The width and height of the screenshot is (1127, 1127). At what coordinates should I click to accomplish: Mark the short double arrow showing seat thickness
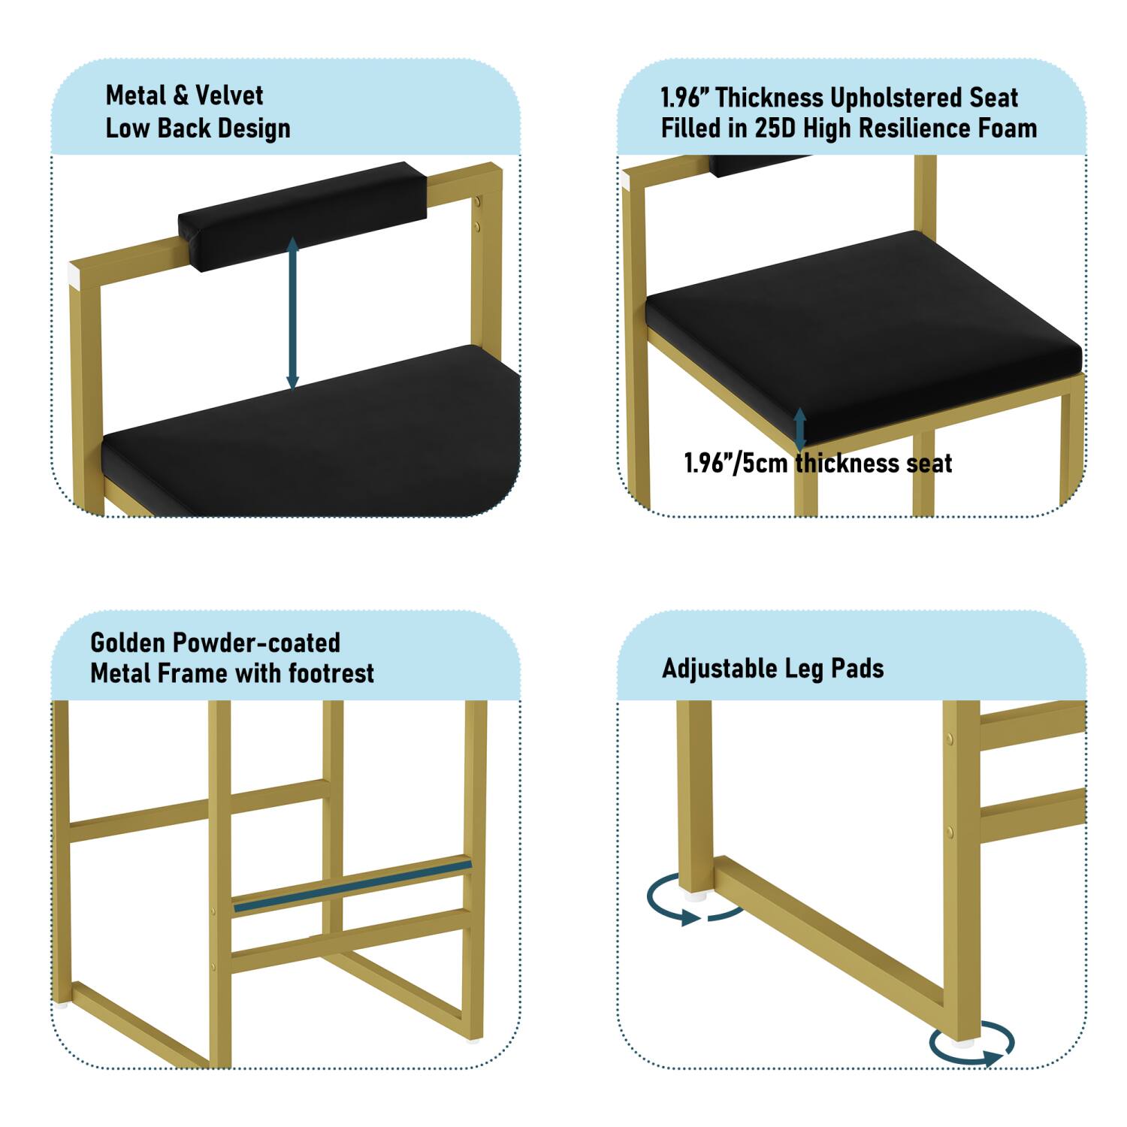[800, 429]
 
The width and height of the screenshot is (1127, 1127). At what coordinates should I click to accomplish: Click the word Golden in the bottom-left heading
[126, 643]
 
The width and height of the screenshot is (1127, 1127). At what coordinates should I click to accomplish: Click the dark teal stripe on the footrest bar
[353, 887]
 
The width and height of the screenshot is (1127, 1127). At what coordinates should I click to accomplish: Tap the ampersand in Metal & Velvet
[180, 96]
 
